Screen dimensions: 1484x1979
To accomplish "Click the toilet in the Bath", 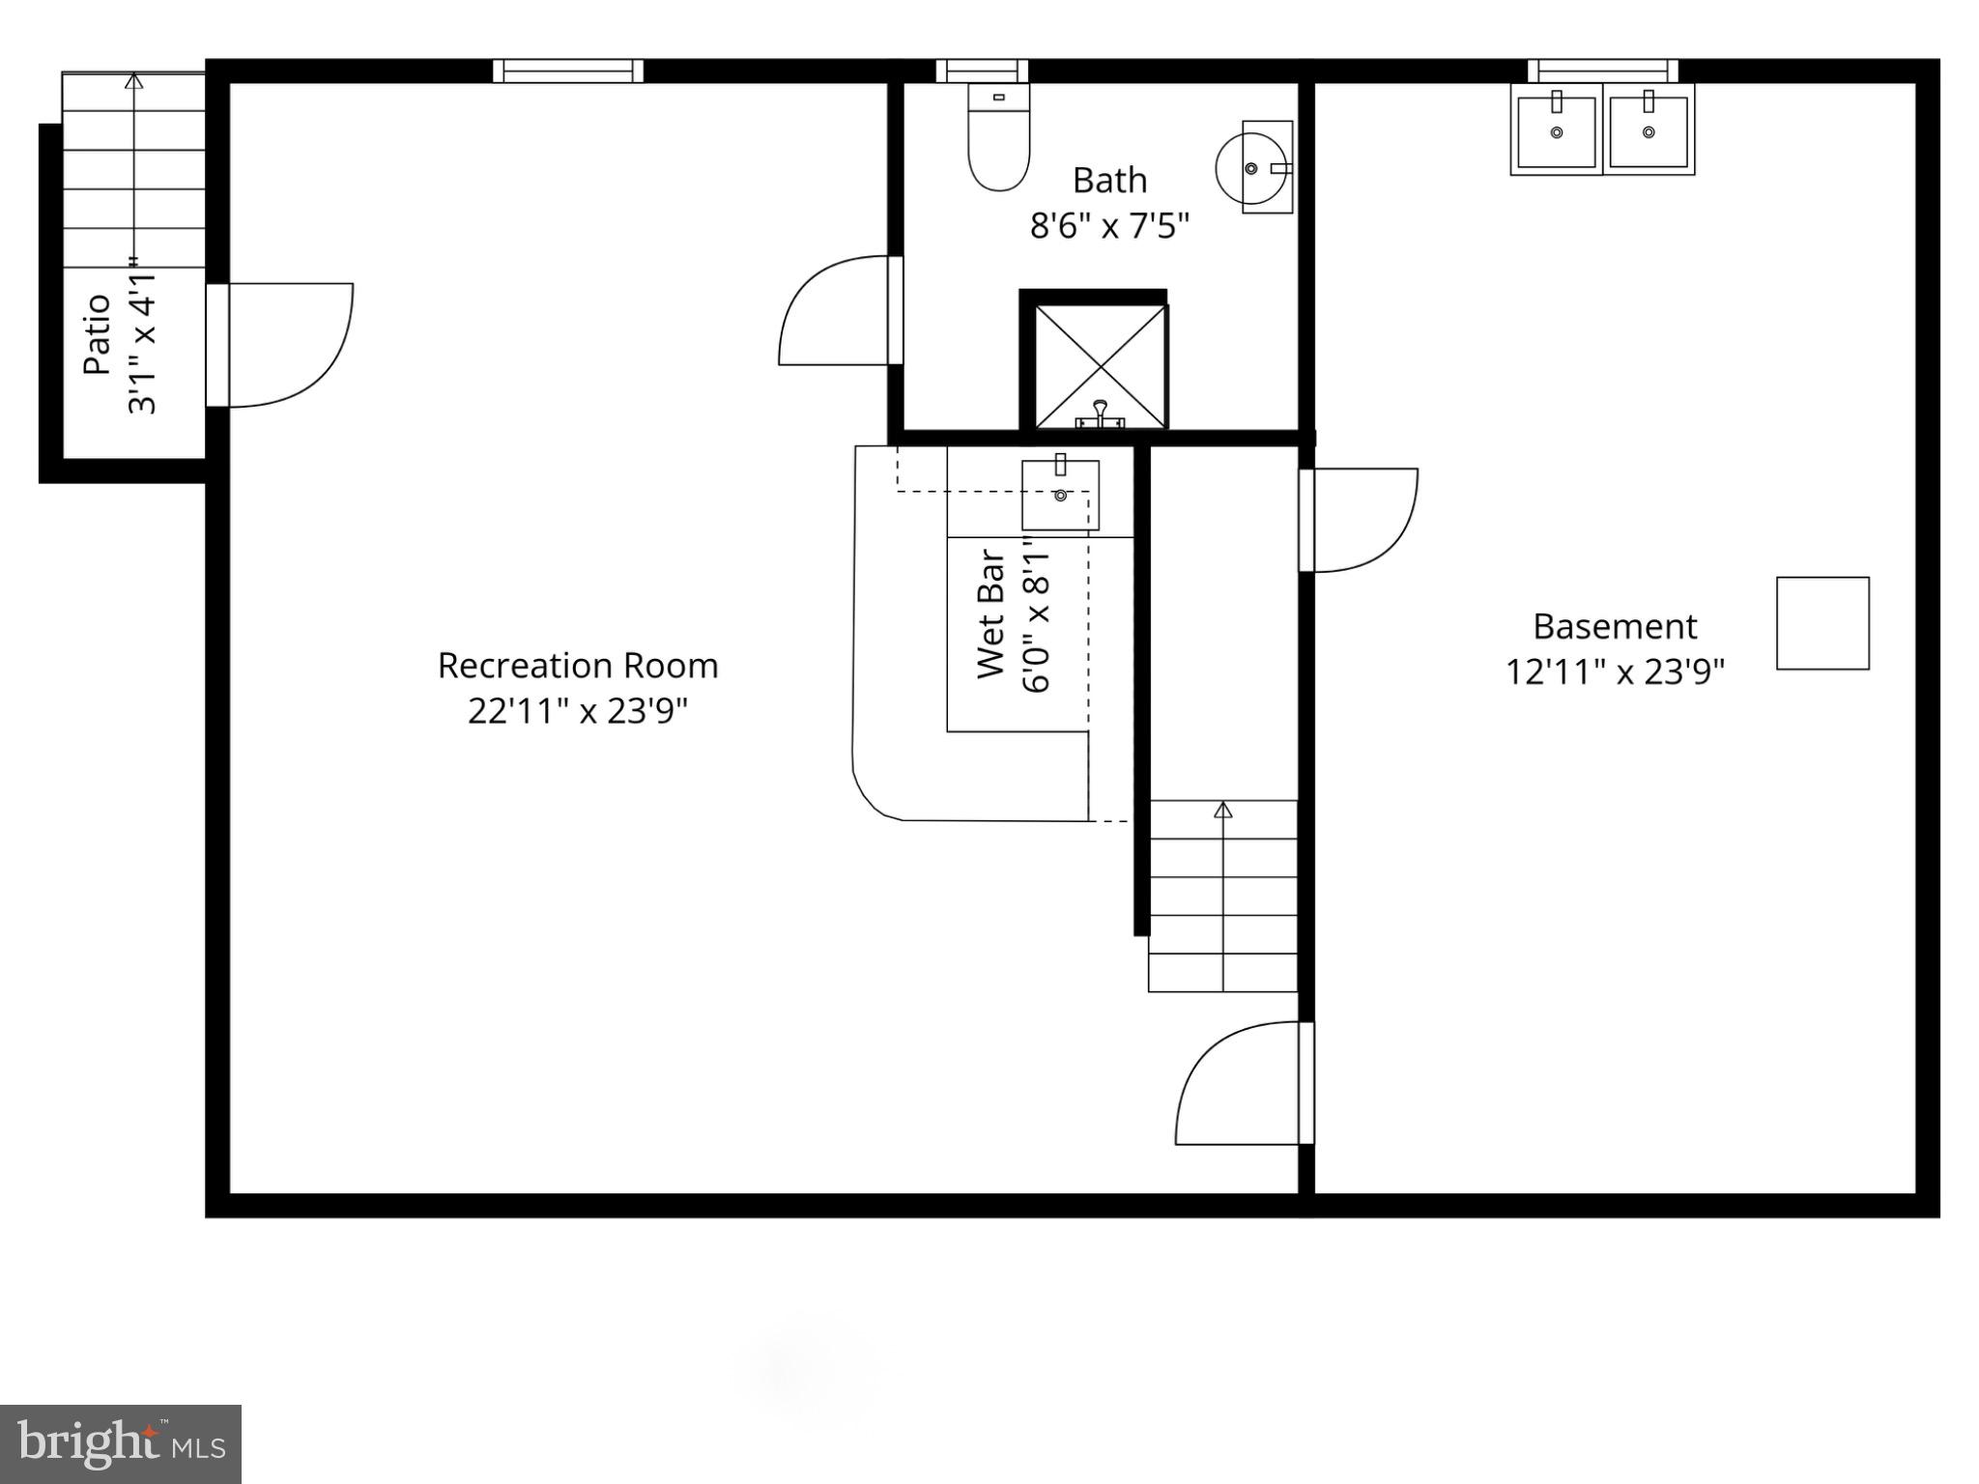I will click(x=998, y=140).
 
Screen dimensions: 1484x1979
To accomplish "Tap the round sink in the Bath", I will click(x=1252, y=168).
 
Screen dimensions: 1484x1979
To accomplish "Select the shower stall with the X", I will click(x=1100, y=366).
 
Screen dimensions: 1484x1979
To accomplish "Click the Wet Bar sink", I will click(x=1060, y=495).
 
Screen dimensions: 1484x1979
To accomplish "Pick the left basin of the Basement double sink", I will click(x=1556, y=129).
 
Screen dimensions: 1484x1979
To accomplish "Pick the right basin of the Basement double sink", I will click(x=1649, y=128).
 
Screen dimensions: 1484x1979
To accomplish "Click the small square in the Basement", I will click(x=1822, y=623).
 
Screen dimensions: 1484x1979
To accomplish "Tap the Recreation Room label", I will click(x=578, y=666).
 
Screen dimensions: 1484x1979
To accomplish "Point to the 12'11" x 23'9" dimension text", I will click(x=1615, y=671).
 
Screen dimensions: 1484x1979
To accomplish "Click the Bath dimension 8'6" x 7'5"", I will click(x=1109, y=226).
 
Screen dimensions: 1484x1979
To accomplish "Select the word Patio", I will click(x=97, y=334).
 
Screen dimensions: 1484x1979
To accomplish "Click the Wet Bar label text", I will click(x=991, y=614).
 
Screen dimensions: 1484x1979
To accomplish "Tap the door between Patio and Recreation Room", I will click(x=280, y=345).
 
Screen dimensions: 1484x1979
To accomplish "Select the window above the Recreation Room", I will click(x=568, y=71).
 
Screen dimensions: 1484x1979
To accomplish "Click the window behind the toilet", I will click(x=982, y=71).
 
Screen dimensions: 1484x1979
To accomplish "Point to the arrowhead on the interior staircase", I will click(x=1223, y=810).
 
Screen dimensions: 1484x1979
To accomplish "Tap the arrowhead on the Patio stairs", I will click(x=134, y=81).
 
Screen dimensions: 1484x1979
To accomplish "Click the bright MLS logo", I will click(x=121, y=1443).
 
